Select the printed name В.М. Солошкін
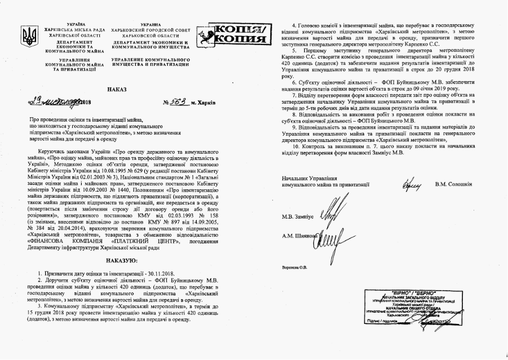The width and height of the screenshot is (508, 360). coord(453,184)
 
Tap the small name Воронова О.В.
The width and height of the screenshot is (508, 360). coord(294,267)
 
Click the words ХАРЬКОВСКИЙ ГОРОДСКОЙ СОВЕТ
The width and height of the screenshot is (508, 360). coord(151,31)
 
